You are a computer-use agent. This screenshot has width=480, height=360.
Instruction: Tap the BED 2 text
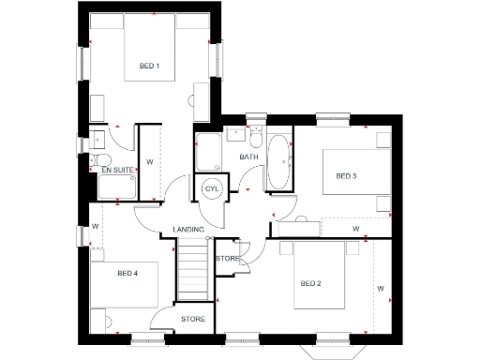pos(311,283)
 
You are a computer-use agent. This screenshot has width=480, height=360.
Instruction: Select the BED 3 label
pos(347,176)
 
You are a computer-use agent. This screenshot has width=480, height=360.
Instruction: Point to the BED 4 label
pos(128,273)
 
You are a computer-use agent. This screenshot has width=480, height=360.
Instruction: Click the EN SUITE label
pos(117,171)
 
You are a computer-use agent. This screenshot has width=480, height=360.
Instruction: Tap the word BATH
pos(248,157)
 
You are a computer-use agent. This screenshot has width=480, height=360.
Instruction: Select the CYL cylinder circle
pos(212,188)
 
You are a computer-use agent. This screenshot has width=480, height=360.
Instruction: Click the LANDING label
pos(189,231)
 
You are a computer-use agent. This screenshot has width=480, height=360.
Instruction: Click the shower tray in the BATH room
pos(207,150)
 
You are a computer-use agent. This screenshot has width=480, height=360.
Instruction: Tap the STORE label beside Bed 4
pos(192,320)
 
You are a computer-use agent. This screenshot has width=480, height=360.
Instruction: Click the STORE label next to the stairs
pos(227,258)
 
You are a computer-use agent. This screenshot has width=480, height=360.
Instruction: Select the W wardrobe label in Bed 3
pos(355,228)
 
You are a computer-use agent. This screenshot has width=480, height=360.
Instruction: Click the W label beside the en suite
pos(150,161)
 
